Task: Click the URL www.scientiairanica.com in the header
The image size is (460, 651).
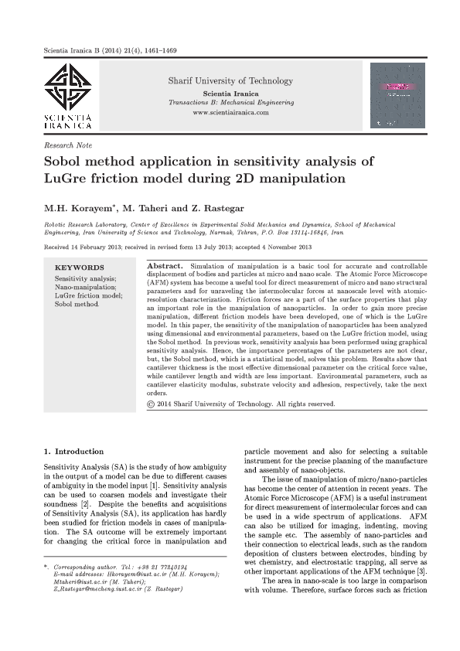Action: point(230,113)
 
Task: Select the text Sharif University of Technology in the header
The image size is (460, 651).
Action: point(230,80)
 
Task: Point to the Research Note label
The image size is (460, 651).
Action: point(68,145)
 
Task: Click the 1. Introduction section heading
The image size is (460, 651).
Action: point(73,452)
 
